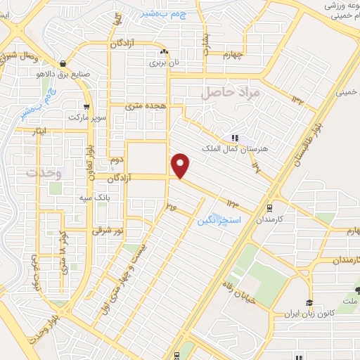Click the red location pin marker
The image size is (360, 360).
tap(181, 165)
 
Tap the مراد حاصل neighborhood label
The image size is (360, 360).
tap(231, 91)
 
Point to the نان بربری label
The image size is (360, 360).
tap(163, 63)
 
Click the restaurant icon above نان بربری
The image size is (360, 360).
tap(164, 52)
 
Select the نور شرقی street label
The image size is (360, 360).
tap(109, 231)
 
